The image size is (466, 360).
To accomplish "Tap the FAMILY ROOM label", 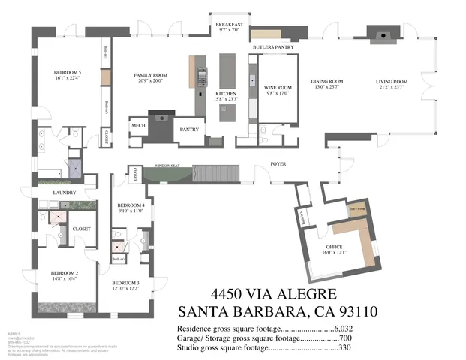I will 150,76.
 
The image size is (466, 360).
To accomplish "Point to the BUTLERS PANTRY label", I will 275,47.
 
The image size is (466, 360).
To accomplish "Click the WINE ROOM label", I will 278,88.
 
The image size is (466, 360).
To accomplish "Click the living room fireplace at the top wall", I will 380,34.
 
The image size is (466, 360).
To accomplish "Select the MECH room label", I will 137,125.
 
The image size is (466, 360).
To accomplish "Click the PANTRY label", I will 188,130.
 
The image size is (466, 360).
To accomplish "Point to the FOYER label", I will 279,164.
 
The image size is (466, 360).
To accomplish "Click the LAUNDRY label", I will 63,192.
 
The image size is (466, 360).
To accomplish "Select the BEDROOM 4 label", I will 131,205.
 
